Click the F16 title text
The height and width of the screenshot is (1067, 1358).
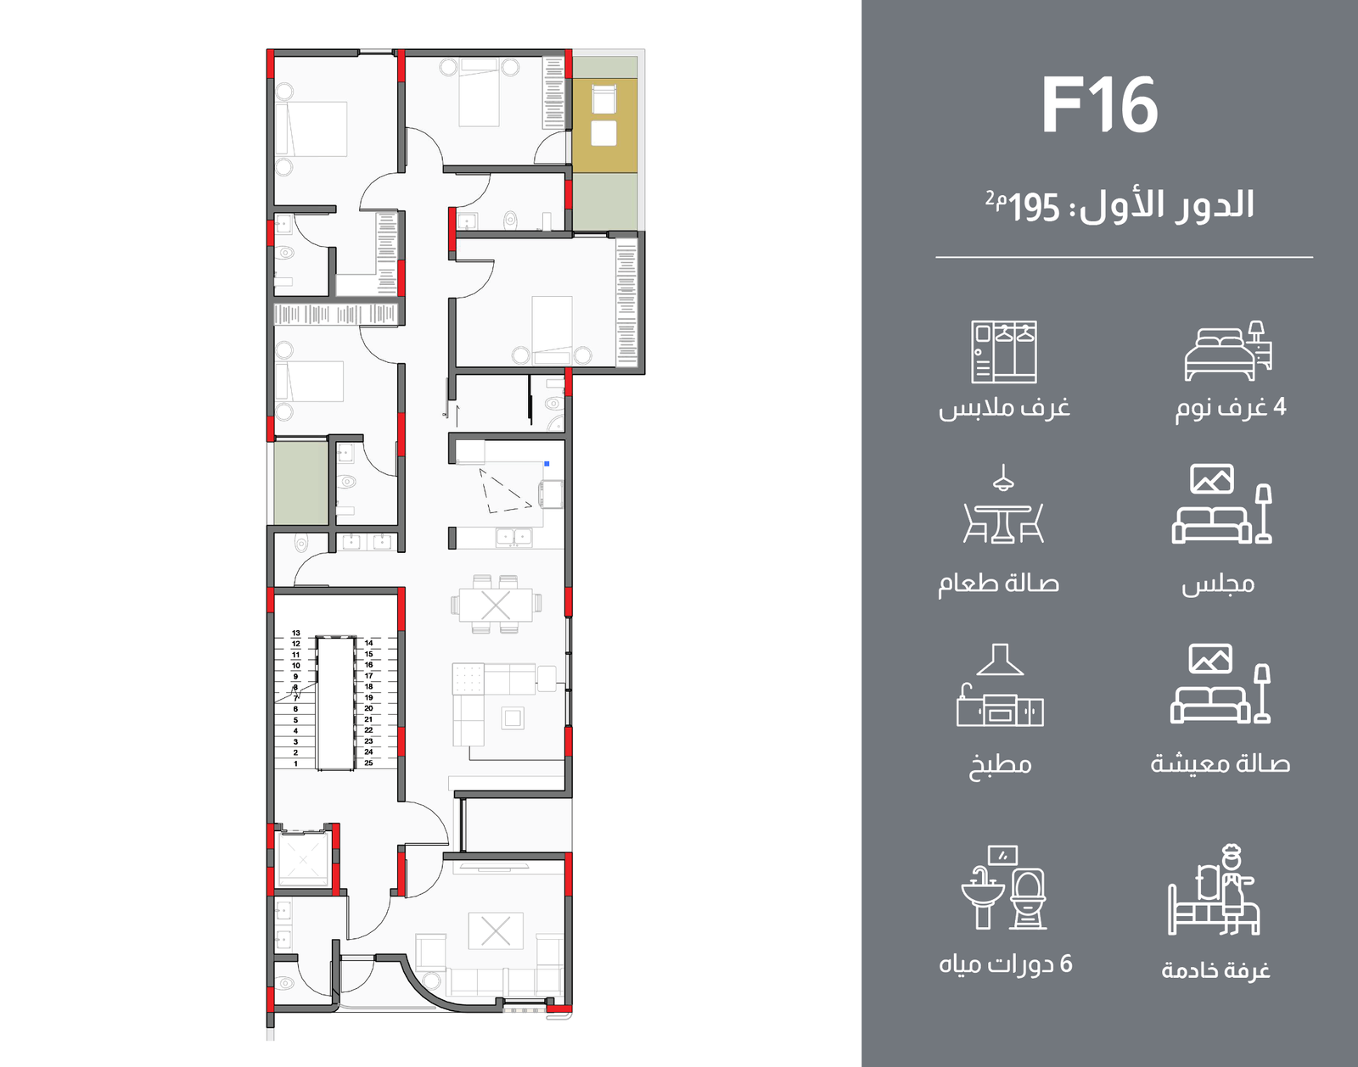click(x=1100, y=104)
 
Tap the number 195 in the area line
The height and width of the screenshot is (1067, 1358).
click(x=1035, y=208)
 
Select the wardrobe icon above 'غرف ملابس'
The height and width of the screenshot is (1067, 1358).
click(x=1004, y=351)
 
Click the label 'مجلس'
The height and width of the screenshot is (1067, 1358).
click(x=1218, y=584)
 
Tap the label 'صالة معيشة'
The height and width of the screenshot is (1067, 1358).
click(x=1220, y=764)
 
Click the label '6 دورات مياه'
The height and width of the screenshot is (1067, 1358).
click(x=1006, y=964)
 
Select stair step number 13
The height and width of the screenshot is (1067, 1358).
click(x=296, y=633)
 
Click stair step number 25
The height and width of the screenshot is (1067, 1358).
click(x=368, y=763)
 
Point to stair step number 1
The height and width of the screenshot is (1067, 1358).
click(x=295, y=763)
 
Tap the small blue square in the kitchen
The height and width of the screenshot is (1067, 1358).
click(x=547, y=463)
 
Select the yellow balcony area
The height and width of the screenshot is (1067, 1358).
click(x=604, y=125)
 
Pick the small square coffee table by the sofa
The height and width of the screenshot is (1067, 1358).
click(x=513, y=718)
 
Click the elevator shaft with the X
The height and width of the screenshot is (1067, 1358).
click(x=304, y=860)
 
